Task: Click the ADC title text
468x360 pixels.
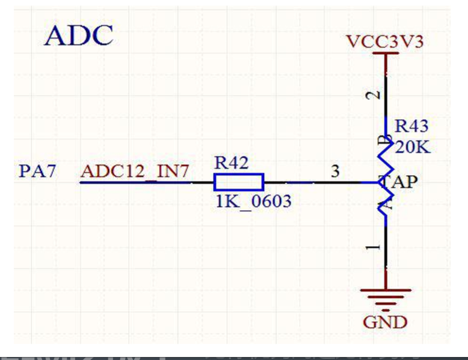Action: tap(79, 36)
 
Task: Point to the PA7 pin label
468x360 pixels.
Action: tap(37, 172)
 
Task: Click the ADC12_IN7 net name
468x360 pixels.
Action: tap(135, 172)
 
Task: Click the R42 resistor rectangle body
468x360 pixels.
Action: tap(239, 182)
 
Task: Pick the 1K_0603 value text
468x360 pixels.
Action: tap(253, 201)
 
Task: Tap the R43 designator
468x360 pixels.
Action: tap(411, 126)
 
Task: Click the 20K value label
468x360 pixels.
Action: tap(413, 147)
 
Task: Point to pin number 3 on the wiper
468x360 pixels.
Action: tap(336, 171)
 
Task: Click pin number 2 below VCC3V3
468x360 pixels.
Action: tap(374, 95)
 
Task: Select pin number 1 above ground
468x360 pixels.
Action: tap(374, 247)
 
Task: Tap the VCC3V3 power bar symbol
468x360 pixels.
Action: tap(385, 54)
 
